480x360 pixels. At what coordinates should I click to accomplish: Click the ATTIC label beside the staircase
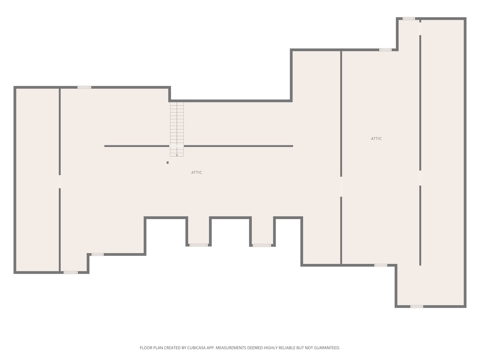tap(196, 172)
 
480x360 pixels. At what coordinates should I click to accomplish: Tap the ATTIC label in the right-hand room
tap(376, 138)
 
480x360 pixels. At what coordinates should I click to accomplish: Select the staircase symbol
tap(177, 129)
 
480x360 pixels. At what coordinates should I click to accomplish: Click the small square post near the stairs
tap(168, 163)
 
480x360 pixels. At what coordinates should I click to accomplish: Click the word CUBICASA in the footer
tap(198, 348)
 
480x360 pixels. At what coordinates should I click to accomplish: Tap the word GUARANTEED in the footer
tap(327, 348)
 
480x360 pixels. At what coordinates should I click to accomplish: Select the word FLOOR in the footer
tap(145, 348)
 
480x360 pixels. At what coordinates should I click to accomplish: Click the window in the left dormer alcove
tap(199, 245)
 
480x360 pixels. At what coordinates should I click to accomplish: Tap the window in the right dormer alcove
tap(262, 245)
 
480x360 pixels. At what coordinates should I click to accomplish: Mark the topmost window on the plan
tap(408, 19)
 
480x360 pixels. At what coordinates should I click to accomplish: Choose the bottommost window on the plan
tap(417, 306)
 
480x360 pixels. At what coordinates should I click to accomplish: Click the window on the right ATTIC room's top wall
tap(385, 49)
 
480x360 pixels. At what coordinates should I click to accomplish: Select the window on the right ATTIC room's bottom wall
tap(381, 265)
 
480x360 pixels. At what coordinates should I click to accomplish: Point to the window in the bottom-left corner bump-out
tap(71, 272)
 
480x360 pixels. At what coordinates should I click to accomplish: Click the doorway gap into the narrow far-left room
tap(60, 181)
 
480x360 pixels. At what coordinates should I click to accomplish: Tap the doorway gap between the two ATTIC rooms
tap(341, 187)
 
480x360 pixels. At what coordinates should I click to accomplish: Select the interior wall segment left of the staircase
tap(137, 146)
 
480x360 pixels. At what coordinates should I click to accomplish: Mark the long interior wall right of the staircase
tap(239, 146)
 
